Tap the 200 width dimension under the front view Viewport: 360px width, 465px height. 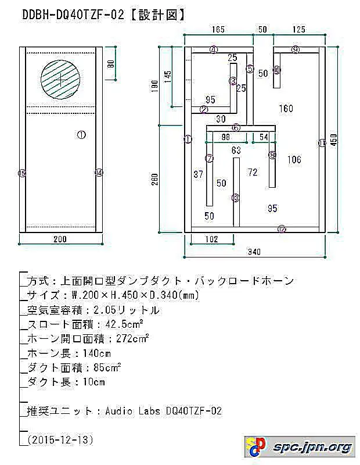pos(60,239)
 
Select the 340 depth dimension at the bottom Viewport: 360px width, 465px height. pos(254,251)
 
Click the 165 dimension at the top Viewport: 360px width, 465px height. pos(218,28)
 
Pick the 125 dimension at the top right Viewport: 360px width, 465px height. pos(299,28)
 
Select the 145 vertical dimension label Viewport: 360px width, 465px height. pos(168,78)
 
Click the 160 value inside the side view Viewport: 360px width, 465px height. pos(286,108)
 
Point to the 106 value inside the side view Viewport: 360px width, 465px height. pos(294,160)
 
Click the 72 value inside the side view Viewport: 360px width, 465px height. pos(252,172)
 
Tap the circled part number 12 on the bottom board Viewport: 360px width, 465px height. pos(282,229)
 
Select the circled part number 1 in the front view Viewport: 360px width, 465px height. pos(81,134)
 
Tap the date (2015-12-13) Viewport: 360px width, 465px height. pos(60,440)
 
